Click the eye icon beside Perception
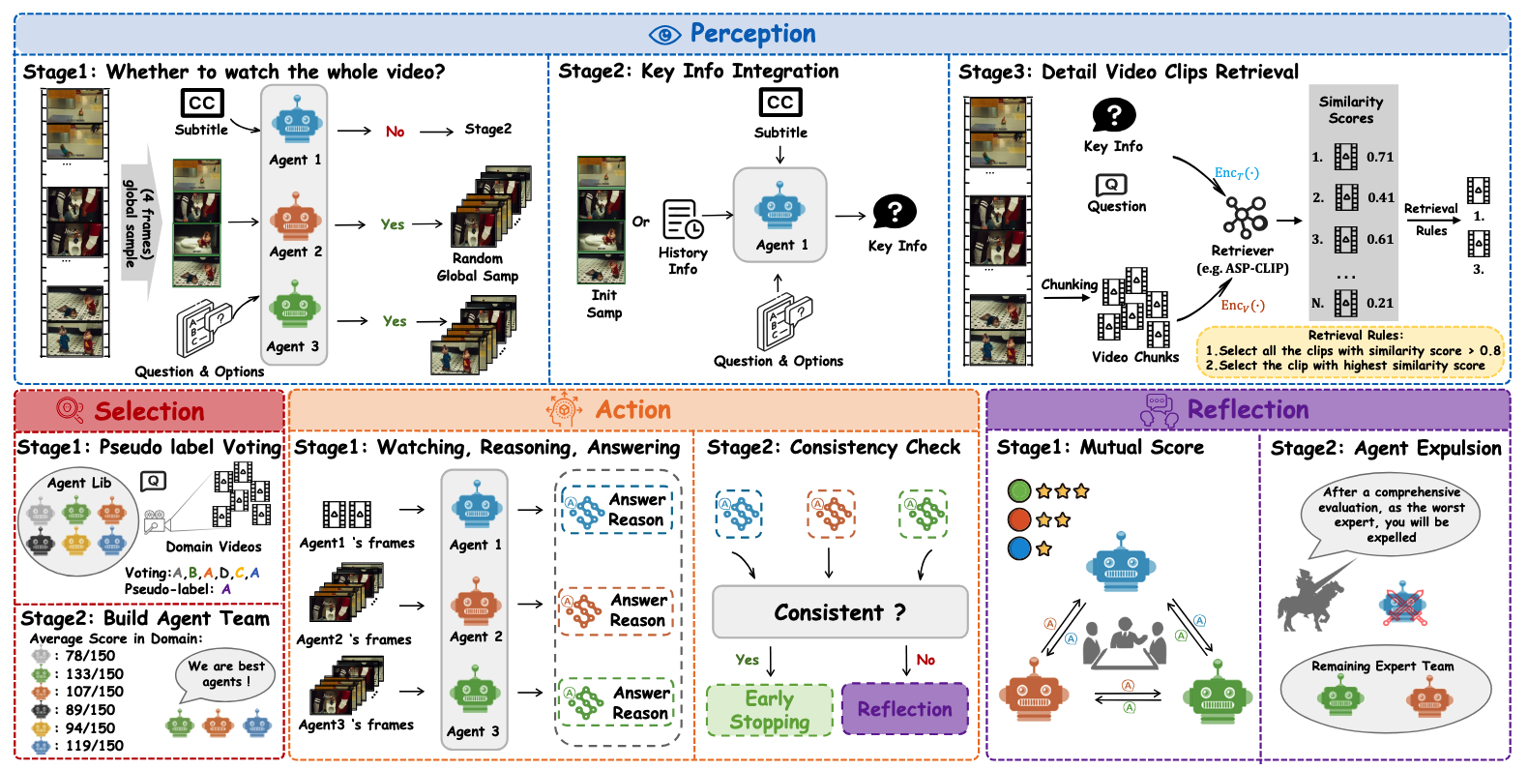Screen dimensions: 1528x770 pyautogui.click(x=664, y=34)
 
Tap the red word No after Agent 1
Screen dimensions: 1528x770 pyautogui.click(x=395, y=132)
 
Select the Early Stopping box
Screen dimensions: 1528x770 pyautogui.click(x=770, y=710)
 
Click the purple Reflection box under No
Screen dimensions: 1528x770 pyautogui.click(x=904, y=709)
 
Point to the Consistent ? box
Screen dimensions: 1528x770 pyautogui.click(x=839, y=611)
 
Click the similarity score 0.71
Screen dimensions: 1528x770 pyautogui.click(x=1380, y=157)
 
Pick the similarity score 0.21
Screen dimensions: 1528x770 pyautogui.click(x=1380, y=303)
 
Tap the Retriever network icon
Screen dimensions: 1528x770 pyautogui.click(x=1245, y=217)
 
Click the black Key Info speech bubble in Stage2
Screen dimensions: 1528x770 pyautogui.click(x=895, y=212)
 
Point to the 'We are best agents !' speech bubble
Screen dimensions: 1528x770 pyautogui.click(x=224, y=674)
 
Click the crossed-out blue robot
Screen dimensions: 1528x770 pyautogui.click(x=1402, y=605)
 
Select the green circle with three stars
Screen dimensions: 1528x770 pyautogui.click(x=1019, y=491)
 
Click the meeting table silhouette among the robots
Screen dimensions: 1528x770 pyautogui.click(x=1120, y=644)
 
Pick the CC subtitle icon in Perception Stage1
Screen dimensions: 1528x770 pyautogui.click(x=202, y=104)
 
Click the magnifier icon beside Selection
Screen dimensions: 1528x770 pyautogui.click(x=70, y=410)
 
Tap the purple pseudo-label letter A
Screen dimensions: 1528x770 pyautogui.click(x=226, y=589)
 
